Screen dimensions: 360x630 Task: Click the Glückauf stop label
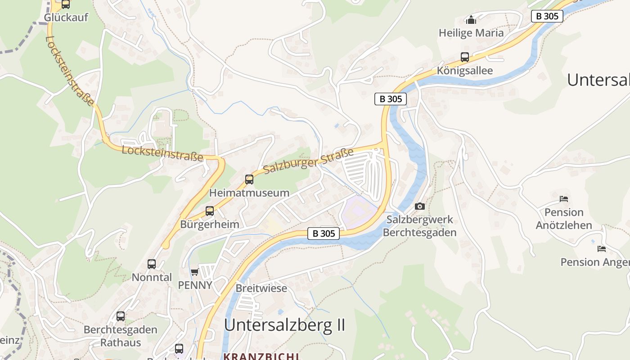[66, 18]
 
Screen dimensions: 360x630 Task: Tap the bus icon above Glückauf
[66, 4]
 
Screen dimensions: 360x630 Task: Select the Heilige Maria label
[471, 33]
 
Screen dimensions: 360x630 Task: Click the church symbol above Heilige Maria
[471, 20]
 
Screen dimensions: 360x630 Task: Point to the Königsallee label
[465, 71]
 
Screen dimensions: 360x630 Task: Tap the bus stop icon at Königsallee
[465, 57]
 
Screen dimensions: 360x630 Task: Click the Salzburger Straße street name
[309, 161]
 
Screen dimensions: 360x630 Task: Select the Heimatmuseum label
[249, 193]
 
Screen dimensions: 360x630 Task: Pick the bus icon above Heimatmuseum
[249, 180]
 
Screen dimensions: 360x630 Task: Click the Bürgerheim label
[210, 224]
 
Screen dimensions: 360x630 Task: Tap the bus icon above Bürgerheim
[210, 211]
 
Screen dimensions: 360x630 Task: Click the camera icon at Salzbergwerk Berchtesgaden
[420, 206]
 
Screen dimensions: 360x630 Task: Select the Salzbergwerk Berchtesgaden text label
[419, 226]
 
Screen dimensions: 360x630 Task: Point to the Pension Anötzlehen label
[564, 218]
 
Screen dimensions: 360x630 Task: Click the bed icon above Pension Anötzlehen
[564, 198]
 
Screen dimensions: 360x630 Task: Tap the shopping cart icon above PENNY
[195, 272]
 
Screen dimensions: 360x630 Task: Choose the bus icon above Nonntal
[152, 264]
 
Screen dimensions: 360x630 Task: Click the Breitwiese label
[261, 288]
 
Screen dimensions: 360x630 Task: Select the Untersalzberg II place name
[284, 324]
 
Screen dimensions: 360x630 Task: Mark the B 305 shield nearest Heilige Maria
[547, 16]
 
